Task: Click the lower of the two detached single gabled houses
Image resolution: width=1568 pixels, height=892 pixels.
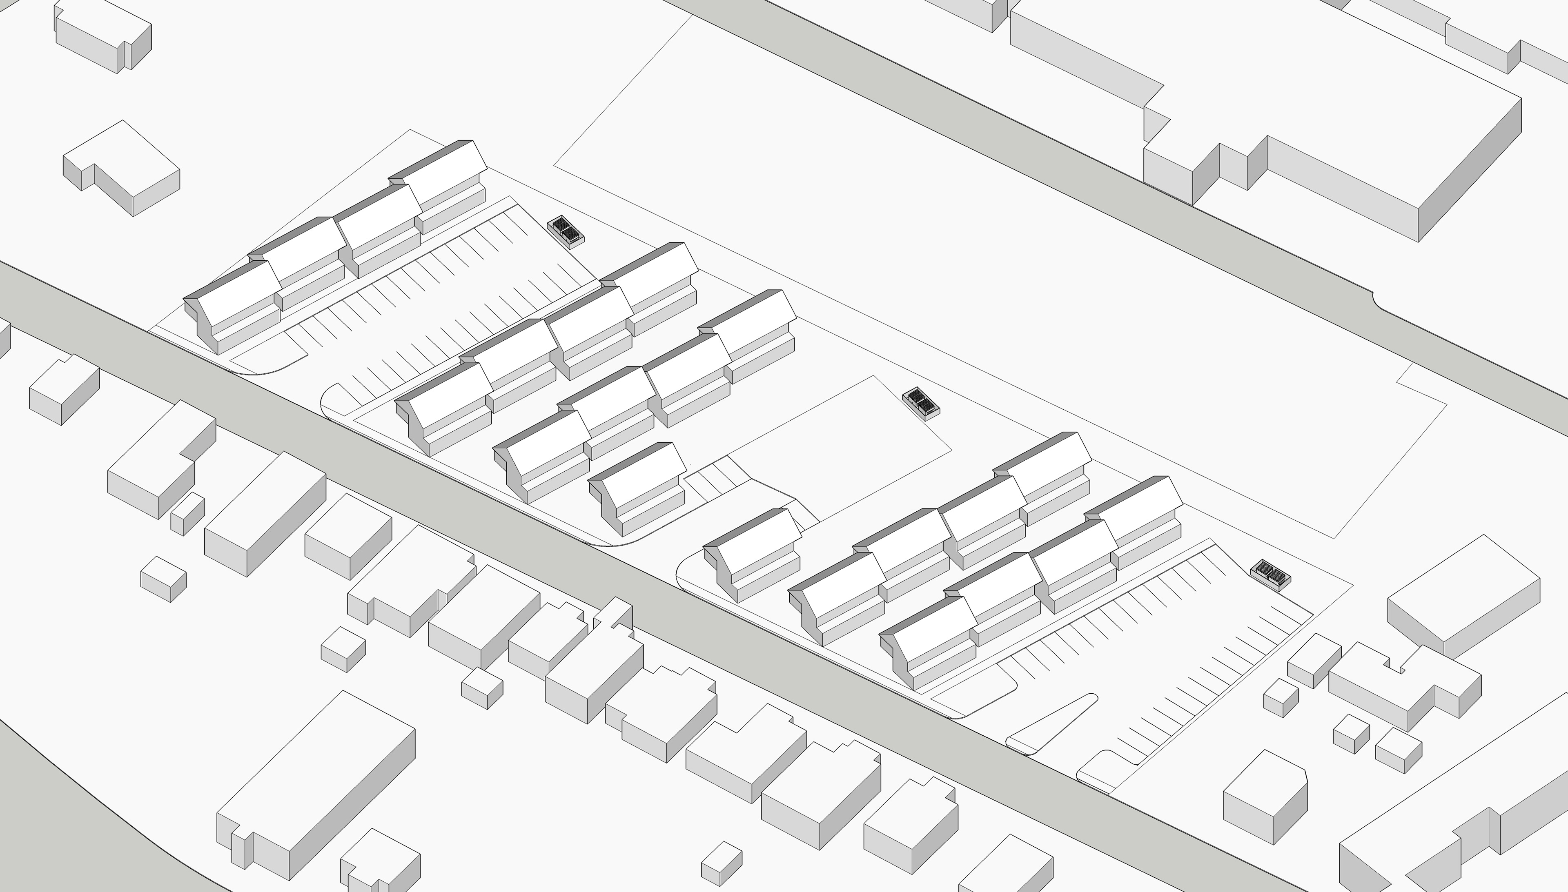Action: point(754,551)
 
